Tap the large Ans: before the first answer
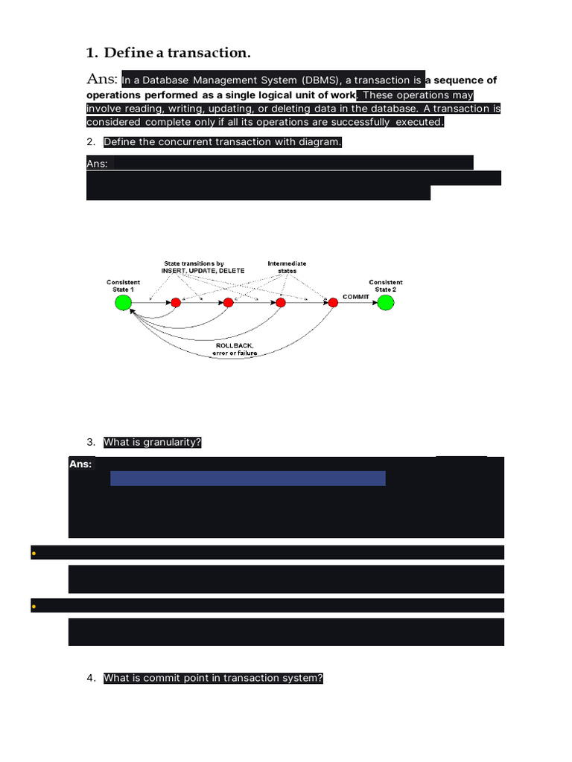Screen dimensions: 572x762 pos(103,79)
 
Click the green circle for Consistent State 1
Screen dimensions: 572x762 pos(123,302)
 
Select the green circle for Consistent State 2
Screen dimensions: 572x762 pos(385,302)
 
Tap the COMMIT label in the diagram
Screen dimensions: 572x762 pos(356,297)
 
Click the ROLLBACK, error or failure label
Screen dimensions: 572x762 pos(236,349)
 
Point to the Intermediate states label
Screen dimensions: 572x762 pos(287,267)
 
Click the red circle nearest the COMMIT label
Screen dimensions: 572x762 pos(332,302)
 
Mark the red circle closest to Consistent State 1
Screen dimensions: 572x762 pos(175,302)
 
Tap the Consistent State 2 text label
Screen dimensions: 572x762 pos(385,286)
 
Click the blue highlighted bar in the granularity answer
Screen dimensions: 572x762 pos(247,478)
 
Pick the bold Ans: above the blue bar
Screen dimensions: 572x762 pos(80,464)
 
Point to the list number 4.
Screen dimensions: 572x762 pos(91,678)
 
